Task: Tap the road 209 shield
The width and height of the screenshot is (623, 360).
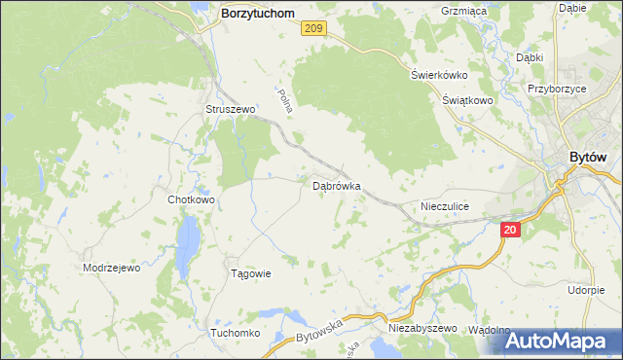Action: (312, 30)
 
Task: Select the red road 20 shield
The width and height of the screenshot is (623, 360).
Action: (512, 230)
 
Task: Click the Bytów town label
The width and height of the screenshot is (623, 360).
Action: (588, 159)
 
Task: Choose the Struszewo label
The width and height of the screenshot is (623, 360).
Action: (230, 110)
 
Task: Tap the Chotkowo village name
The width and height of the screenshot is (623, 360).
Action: (191, 199)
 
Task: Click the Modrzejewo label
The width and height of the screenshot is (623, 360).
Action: (112, 268)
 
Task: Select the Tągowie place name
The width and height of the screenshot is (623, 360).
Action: (249, 273)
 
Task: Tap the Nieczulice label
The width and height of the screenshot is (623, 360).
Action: (445, 206)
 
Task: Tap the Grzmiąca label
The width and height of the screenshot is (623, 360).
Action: (463, 11)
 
